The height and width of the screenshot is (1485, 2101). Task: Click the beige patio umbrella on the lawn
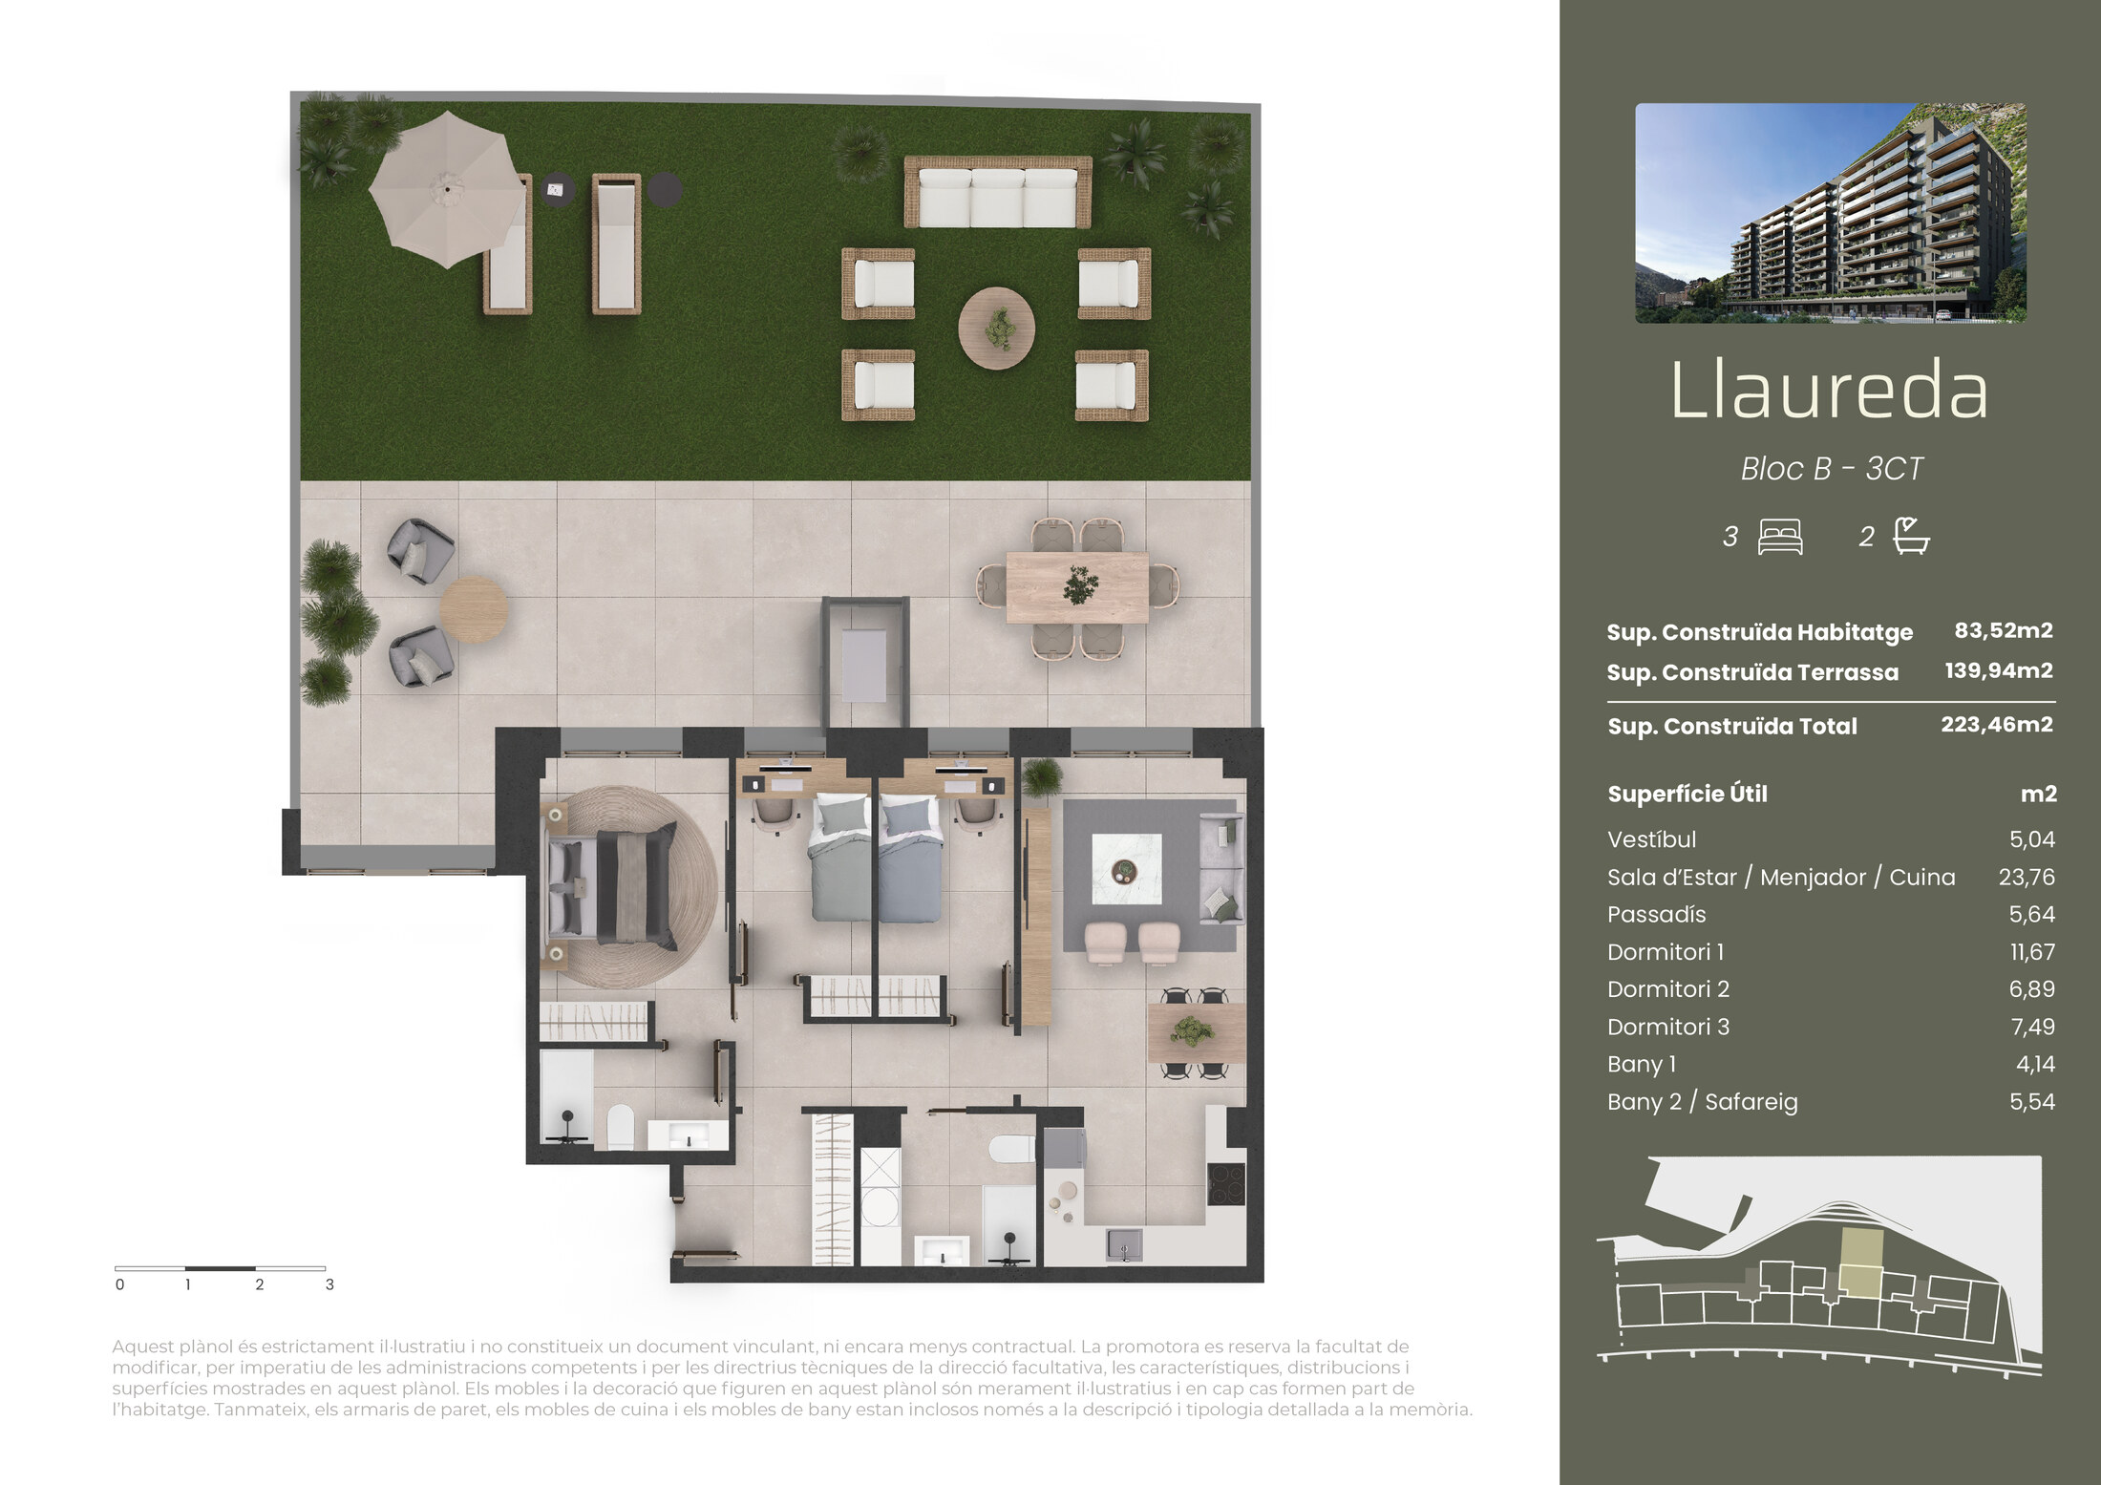[447, 189]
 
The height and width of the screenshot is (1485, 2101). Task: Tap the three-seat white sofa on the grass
[998, 193]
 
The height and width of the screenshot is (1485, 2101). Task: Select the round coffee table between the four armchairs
[997, 329]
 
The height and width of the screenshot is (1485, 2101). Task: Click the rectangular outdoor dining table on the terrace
[1077, 587]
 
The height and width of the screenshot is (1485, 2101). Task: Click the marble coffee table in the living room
[1127, 869]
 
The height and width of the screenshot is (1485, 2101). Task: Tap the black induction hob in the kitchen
[1226, 1184]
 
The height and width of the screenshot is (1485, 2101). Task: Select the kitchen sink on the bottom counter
[1124, 1244]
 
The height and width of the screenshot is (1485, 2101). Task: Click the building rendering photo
[1831, 213]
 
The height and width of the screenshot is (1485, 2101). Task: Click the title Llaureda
[1830, 391]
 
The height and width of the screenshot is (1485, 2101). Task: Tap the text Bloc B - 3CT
[1831, 469]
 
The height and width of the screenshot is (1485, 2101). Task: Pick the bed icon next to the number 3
[1780, 537]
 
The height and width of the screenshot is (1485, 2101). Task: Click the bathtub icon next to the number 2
[1911, 536]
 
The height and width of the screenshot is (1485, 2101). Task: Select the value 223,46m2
[1997, 725]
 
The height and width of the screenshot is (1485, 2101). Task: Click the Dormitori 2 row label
[1668, 989]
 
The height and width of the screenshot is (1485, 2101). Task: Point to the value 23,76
[2027, 877]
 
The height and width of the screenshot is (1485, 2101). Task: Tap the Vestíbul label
[1652, 839]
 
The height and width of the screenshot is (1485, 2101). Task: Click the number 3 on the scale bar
[329, 1284]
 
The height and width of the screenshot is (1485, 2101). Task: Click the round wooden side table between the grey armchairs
[473, 609]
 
